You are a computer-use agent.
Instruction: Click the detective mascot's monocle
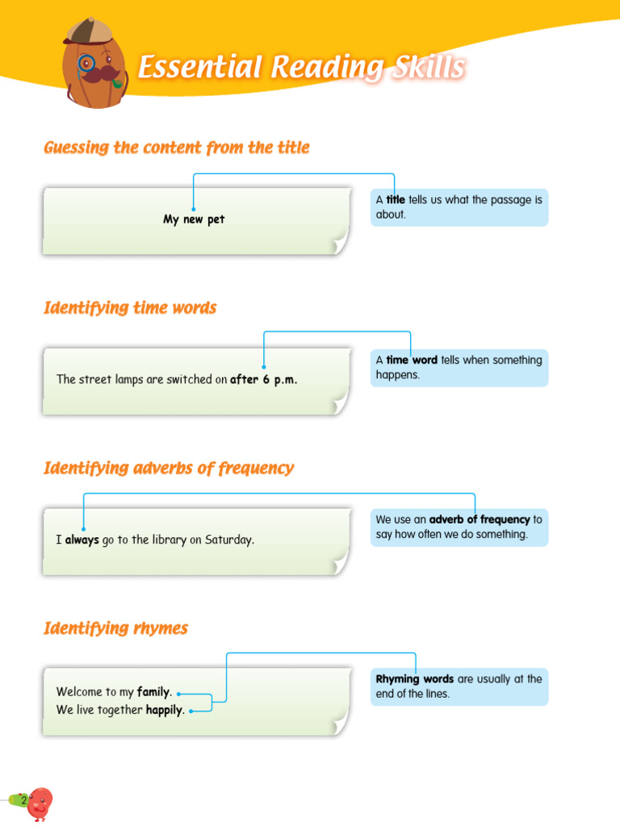click(x=86, y=63)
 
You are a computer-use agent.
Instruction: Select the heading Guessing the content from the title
click(x=177, y=148)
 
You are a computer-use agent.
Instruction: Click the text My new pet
click(x=194, y=219)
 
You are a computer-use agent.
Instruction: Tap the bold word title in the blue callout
click(x=396, y=200)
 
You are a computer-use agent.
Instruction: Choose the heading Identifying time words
click(x=130, y=307)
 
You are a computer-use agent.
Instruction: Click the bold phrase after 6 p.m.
click(x=264, y=379)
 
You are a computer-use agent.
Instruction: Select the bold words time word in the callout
click(x=412, y=360)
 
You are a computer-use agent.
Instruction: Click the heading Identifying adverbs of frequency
click(x=169, y=468)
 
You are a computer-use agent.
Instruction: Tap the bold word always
click(x=82, y=540)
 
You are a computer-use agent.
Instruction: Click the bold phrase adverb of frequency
click(x=480, y=519)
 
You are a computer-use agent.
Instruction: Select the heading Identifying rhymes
click(x=116, y=628)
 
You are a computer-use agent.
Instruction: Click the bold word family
click(x=154, y=691)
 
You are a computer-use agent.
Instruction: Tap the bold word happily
click(x=165, y=710)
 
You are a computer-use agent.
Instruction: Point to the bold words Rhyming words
click(x=415, y=679)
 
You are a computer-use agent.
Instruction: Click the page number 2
click(x=23, y=800)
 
